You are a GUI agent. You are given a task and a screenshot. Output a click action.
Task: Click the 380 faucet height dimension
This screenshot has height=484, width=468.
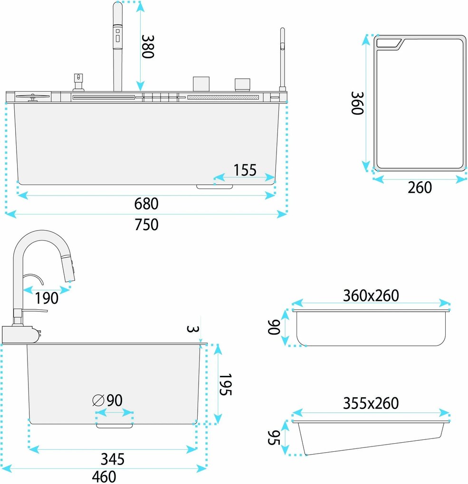(147, 47)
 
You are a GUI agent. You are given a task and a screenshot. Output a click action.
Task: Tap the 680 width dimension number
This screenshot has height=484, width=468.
(146, 204)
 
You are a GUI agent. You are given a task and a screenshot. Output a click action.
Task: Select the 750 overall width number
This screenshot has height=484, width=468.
(146, 224)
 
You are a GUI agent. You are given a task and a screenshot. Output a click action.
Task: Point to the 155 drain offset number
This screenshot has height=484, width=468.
(245, 170)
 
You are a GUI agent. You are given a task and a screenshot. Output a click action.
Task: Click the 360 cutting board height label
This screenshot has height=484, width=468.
(357, 103)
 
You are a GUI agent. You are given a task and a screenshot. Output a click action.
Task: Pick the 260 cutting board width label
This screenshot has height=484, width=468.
(420, 187)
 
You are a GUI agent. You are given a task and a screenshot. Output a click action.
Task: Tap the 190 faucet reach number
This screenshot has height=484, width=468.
(47, 298)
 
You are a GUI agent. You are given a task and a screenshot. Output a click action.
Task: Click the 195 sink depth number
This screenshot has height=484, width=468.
(225, 384)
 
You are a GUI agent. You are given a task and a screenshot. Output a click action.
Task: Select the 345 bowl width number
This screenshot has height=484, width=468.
(113, 459)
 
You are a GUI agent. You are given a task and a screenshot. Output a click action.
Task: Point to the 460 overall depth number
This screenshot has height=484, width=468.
(104, 476)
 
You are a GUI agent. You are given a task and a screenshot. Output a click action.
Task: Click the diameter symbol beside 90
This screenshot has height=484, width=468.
(98, 400)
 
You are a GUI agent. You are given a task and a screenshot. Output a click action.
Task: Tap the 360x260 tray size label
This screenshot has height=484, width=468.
(371, 296)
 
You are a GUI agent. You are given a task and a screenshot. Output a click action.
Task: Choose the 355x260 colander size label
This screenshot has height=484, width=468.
(371, 403)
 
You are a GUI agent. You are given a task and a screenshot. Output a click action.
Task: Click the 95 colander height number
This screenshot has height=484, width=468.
(274, 437)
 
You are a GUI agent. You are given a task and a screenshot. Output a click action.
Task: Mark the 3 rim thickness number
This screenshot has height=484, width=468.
(192, 329)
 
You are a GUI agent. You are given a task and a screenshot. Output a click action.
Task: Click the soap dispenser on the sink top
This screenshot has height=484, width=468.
(78, 82)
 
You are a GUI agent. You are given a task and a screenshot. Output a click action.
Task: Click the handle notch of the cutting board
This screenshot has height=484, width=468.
(389, 44)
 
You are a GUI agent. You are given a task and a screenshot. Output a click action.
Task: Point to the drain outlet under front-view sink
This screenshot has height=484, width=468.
(215, 187)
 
